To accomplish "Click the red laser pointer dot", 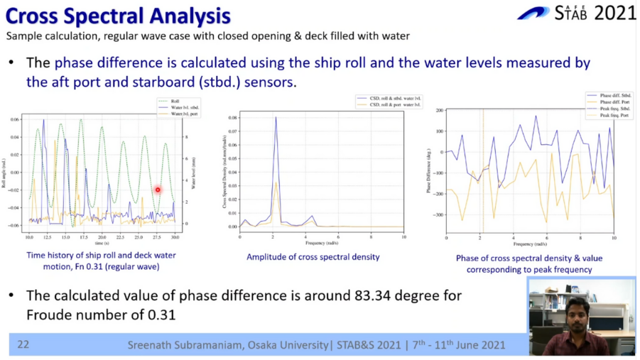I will (x=158, y=190).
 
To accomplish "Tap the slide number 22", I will (x=23, y=345).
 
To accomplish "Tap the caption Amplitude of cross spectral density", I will (x=313, y=256).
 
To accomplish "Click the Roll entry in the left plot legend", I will (x=170, y=102).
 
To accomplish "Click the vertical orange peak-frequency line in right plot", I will (x=482, y=170).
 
